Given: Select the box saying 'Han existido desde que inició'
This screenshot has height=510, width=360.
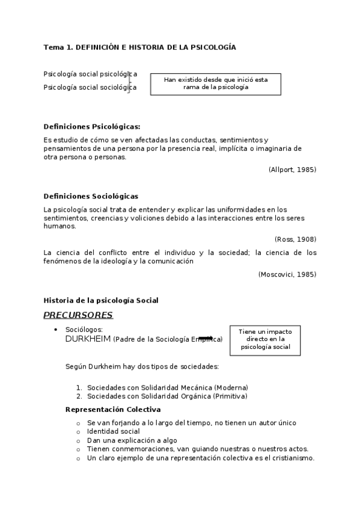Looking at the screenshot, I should tap(216, 84).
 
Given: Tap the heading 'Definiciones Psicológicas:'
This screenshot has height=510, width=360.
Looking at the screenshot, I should tap(92, 126).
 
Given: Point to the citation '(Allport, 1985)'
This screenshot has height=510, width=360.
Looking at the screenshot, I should tap(292, 170).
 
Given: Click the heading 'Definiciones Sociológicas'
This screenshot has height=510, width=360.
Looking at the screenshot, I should tap(91, 196).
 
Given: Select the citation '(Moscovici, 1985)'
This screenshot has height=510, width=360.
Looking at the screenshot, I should tap(287, 274).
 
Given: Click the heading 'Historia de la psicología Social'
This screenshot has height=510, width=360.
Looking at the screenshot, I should tap(101, 300).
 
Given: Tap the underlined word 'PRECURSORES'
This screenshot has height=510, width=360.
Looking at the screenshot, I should tap(78, 315).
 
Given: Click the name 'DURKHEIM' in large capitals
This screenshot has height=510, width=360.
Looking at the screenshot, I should tap(88, 339).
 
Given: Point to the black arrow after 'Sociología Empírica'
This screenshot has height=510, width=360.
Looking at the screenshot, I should tap(206, 339).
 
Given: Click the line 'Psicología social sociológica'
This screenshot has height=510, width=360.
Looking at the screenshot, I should tap(90, 87).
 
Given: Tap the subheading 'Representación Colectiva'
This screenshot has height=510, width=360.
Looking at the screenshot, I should tap(113, 410).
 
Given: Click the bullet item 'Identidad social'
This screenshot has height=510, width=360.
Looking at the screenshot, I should tap(114, 431).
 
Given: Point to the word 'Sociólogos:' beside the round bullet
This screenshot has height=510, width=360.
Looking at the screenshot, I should tap(84, 330).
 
